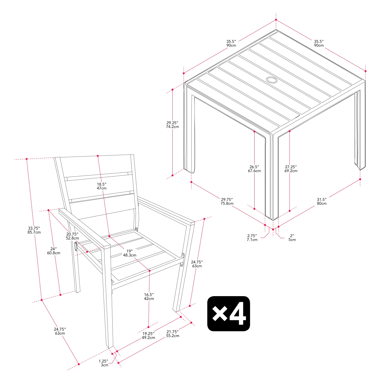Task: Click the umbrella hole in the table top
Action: [272, 80]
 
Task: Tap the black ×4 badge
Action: [229, 314]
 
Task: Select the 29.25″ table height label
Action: [172, 125]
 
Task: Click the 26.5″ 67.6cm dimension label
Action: [254, 169]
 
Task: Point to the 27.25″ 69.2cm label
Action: [291, 169]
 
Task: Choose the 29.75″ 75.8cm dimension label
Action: [227, 201]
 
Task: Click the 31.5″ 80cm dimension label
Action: [322, 201]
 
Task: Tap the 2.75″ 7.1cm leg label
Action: [252, 238]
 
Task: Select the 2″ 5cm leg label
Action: [292, 238]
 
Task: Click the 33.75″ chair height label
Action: [34, 230]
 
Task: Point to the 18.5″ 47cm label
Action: [102, 186]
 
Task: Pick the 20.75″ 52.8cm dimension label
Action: [72, 236]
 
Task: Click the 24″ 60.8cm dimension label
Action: [54, 251]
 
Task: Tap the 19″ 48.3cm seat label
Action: [129, 253]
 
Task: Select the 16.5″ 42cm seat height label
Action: [149, 297]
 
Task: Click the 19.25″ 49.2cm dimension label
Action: [148, 336]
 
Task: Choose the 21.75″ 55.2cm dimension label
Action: [173, 334]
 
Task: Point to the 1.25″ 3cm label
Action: [104, 363]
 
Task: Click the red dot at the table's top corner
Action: [276, 20]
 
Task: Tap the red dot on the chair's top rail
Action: [98, 156]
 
